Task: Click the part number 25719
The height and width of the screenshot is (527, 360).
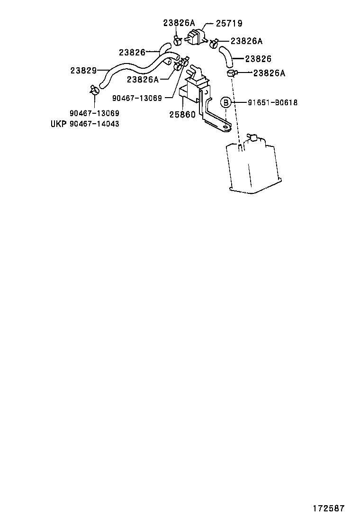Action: (x=229, y=23)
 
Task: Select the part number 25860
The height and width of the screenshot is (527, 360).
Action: (x=182, y=115)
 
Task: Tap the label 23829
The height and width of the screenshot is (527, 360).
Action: (x=84, y=71)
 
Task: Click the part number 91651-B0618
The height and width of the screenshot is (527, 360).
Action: (x=273, y=102)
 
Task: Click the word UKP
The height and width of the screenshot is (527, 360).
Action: (x=58, y=124)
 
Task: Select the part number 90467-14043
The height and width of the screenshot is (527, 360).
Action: (x=94, y=124)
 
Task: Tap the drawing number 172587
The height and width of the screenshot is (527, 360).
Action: (x=329, y=509)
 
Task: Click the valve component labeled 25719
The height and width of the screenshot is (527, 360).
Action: (x=195, y=36)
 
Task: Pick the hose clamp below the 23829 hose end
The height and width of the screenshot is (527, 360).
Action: (x=94, y=90)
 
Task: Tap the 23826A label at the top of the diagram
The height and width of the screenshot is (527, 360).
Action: (x=179, y=23)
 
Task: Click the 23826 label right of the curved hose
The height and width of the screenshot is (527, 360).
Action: (x=258, y=59)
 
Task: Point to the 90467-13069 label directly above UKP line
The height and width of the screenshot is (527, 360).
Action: (x=94, y=113)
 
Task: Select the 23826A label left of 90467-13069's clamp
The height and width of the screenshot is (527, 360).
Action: (x=143, y=80)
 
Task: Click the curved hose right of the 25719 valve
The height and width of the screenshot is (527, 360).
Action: (x=227, y=56)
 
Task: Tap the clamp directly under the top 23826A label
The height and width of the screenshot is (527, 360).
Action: (x=177, y=41)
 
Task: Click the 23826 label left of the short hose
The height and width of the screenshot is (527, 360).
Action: (x=132, y=53)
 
